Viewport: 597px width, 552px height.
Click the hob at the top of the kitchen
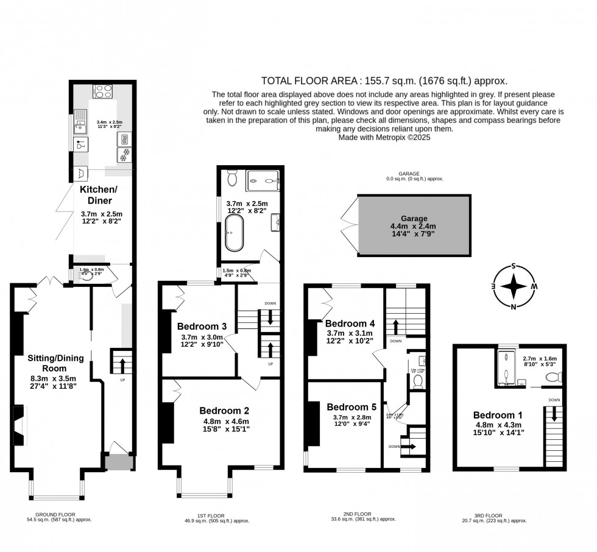point(102,92)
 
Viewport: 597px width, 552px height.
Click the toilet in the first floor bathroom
point(232,178)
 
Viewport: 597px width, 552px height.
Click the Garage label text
point(414,218)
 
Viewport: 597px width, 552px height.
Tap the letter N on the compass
point(514,306)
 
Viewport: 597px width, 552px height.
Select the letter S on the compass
point(514,266)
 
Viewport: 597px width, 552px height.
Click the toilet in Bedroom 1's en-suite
point(553,377)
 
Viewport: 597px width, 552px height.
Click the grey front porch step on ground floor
point(118,463)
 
